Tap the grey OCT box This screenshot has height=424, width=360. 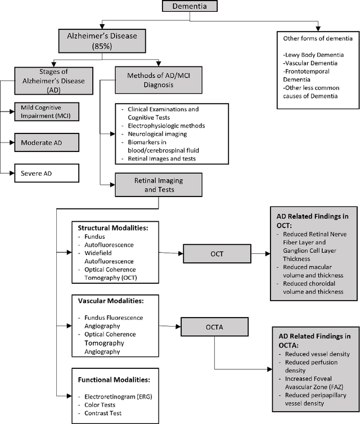(x=217, y=254)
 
